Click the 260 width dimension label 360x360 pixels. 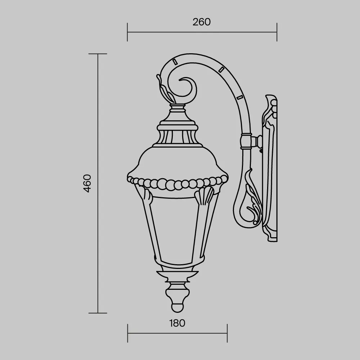pyautogui.click(x=202, y=22)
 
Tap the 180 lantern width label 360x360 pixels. pyautogui.click(x=177, y=323)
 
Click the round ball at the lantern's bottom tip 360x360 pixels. pyautogui.click(x=177, y=307)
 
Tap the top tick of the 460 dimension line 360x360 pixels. pyautogui.click(x=98, y=54)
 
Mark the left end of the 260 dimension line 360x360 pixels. pyautogui.click(x=128, y=32)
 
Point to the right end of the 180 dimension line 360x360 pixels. pyautogui.click(x=227, y=333)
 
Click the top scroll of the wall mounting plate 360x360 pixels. pyautogui.click(x=271, y=103)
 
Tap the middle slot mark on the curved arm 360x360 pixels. pyautogui.click(x=222, y=68)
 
